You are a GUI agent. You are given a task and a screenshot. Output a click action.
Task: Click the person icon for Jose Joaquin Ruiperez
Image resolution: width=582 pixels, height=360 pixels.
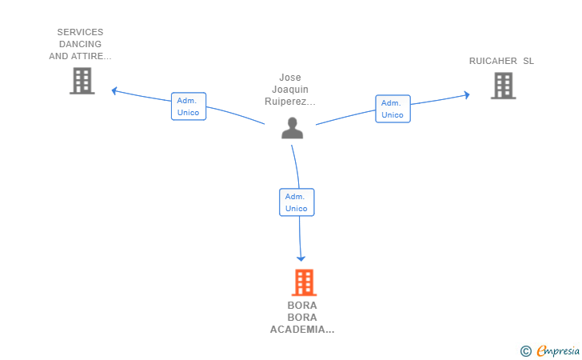point(293,128)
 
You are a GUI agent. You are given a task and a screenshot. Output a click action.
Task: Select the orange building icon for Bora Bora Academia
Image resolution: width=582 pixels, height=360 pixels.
point(303,282)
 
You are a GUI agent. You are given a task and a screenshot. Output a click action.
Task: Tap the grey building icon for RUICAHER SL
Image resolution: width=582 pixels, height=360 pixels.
point(503,86)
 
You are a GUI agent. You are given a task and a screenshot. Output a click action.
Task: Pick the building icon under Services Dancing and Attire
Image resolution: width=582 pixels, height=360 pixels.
point(82,81)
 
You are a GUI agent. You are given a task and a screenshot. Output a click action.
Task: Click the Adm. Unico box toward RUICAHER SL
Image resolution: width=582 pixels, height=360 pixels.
point(393,109)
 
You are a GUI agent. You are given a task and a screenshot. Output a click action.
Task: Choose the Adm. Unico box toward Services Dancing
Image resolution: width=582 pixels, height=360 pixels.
point(189,106)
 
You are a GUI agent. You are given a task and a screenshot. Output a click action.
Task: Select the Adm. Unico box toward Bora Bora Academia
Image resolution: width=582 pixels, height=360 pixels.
point(297,202)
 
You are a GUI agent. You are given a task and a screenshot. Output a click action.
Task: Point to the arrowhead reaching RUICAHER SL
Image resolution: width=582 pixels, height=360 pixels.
point(467,95)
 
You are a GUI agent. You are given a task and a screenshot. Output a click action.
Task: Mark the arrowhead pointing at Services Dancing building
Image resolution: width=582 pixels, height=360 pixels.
point(114,90)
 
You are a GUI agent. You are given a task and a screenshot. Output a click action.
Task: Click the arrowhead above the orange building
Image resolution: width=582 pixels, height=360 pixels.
point(301,258)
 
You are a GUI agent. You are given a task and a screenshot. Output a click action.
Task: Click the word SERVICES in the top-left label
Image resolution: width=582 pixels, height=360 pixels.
point(80,33)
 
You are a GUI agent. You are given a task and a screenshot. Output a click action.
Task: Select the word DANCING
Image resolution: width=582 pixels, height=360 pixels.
point(80,45)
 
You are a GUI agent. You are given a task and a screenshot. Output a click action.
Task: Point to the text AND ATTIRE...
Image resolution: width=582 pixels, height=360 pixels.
point(80,57)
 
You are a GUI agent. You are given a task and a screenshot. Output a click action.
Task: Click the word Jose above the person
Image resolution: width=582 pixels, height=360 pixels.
point(290,78)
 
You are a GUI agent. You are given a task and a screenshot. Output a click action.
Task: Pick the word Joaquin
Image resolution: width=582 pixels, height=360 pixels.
point(290,90)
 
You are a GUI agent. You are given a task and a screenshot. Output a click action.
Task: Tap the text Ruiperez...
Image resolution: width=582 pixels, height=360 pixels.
point(290,102)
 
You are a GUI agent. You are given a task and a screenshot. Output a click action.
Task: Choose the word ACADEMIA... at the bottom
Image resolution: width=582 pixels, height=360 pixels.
point(302,330)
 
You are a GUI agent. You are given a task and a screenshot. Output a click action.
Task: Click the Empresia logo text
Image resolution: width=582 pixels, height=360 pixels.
point(559,350)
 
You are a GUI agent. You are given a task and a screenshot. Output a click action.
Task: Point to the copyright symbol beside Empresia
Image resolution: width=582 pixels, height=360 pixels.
point(526,350)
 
